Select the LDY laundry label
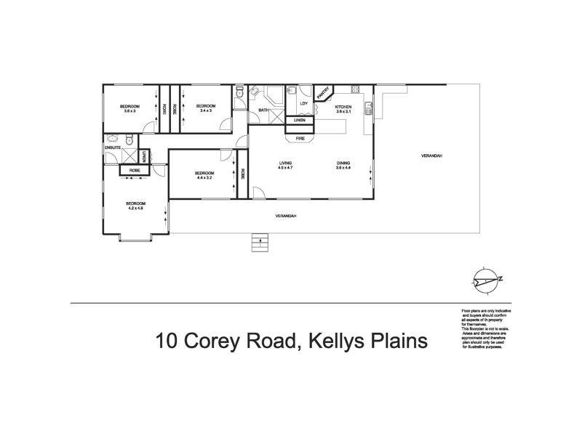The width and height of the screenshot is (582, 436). pyautogui.click(x=303, y=104)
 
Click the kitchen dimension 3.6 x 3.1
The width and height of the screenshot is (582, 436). pyautogui.click(x=343, y=112)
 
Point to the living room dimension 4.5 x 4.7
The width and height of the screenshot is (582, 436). pyautogui.click(x=284, y=168)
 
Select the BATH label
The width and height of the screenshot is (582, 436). pyautogui.click(x=263, y=110)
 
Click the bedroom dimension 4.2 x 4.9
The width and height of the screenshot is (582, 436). pyautogui.click(x=136, y=209)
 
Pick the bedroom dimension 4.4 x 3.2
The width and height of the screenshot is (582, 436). pyautogui.click(x=204, y=177)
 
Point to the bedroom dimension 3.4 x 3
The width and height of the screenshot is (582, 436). pyautogui.click(x=204, y=110)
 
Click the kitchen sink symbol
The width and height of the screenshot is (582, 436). pyautogui.click(x=370, y=110)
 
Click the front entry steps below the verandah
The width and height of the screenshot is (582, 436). pyautogui.click(x=257, y=242)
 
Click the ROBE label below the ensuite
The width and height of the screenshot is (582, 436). pyautogui.click(x=135, y=170)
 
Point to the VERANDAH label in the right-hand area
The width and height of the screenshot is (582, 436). pyautogui.click(x=432, y=156)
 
